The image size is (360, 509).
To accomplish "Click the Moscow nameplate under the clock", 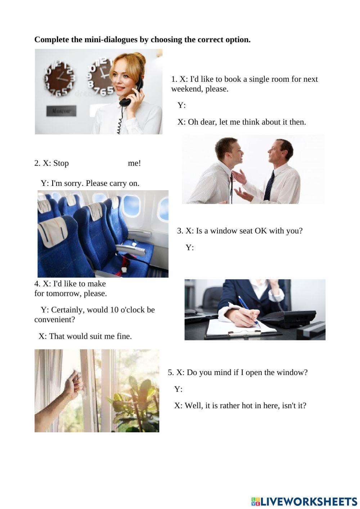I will [x=61, y=111].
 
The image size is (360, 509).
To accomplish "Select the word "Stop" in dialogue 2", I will [x=61, y=163].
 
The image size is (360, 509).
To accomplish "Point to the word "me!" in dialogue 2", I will [x=134, y=163].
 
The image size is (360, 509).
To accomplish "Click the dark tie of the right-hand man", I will [x=269, y=186].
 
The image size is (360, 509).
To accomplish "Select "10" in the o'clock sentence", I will [x=114, y=310].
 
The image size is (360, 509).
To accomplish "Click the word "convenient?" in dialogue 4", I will [x=54, y=320].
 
